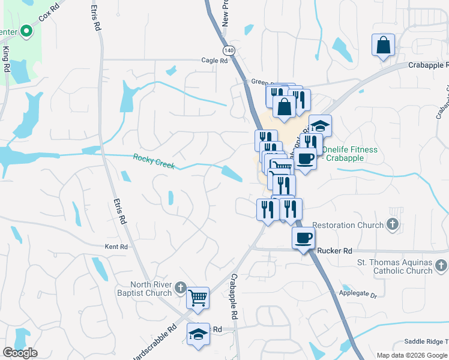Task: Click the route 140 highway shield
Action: click(228, 50)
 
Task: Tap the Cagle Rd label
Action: click(214, 61)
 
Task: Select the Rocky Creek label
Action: click(154, 161)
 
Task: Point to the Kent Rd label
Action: click(116, 247)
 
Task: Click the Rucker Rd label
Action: click(336, 251)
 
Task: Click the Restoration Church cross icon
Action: click(393, 225)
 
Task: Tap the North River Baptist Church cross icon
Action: click(179, 289)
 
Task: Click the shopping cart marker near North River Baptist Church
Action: click(197, 297)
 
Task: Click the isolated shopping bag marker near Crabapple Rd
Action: click(382, 45)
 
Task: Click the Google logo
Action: click(20, 353)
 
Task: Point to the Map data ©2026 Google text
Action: click(412, 355)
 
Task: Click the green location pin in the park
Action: click(26, 31)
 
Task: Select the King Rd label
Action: click(7, 60)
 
